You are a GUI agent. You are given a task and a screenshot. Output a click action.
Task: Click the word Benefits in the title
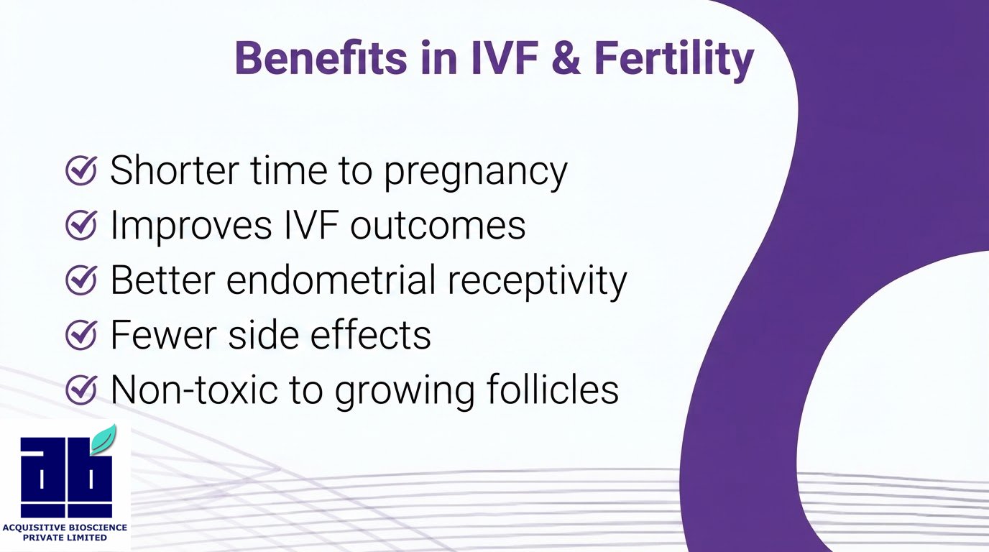click(x=321, y=58)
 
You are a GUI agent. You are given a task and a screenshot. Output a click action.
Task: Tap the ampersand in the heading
click(x=566, y=58)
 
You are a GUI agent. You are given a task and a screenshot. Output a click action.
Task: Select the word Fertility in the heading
click(x=673, y=61)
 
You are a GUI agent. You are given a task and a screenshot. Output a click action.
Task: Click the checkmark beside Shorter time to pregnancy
click(x=81, y=170)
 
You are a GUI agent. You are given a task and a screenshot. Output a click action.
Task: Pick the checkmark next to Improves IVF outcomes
click(x=81, y=225)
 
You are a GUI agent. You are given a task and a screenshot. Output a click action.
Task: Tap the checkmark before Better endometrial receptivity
click(x=81, y=280)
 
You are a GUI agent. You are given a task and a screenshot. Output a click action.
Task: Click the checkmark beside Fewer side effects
click(x=81, y=334)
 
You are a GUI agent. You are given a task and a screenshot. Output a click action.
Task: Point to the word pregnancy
click(x=475, y=173)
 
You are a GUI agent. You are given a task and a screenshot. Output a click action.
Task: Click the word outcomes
click(x=438, y=226)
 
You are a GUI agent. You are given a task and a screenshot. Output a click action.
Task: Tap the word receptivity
click(x=537, y=282)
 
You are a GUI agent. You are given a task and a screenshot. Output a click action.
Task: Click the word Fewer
click(x=163, y=334)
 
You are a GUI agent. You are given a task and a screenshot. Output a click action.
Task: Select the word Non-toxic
click(x=194, y=389)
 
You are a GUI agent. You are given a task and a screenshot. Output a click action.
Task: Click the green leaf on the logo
click(x=103, y=438)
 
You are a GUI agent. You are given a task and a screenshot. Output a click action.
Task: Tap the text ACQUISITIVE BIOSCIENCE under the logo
click(x=65, y=528)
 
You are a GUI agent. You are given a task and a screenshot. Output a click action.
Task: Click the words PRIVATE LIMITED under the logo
click(x=65, y=538)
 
